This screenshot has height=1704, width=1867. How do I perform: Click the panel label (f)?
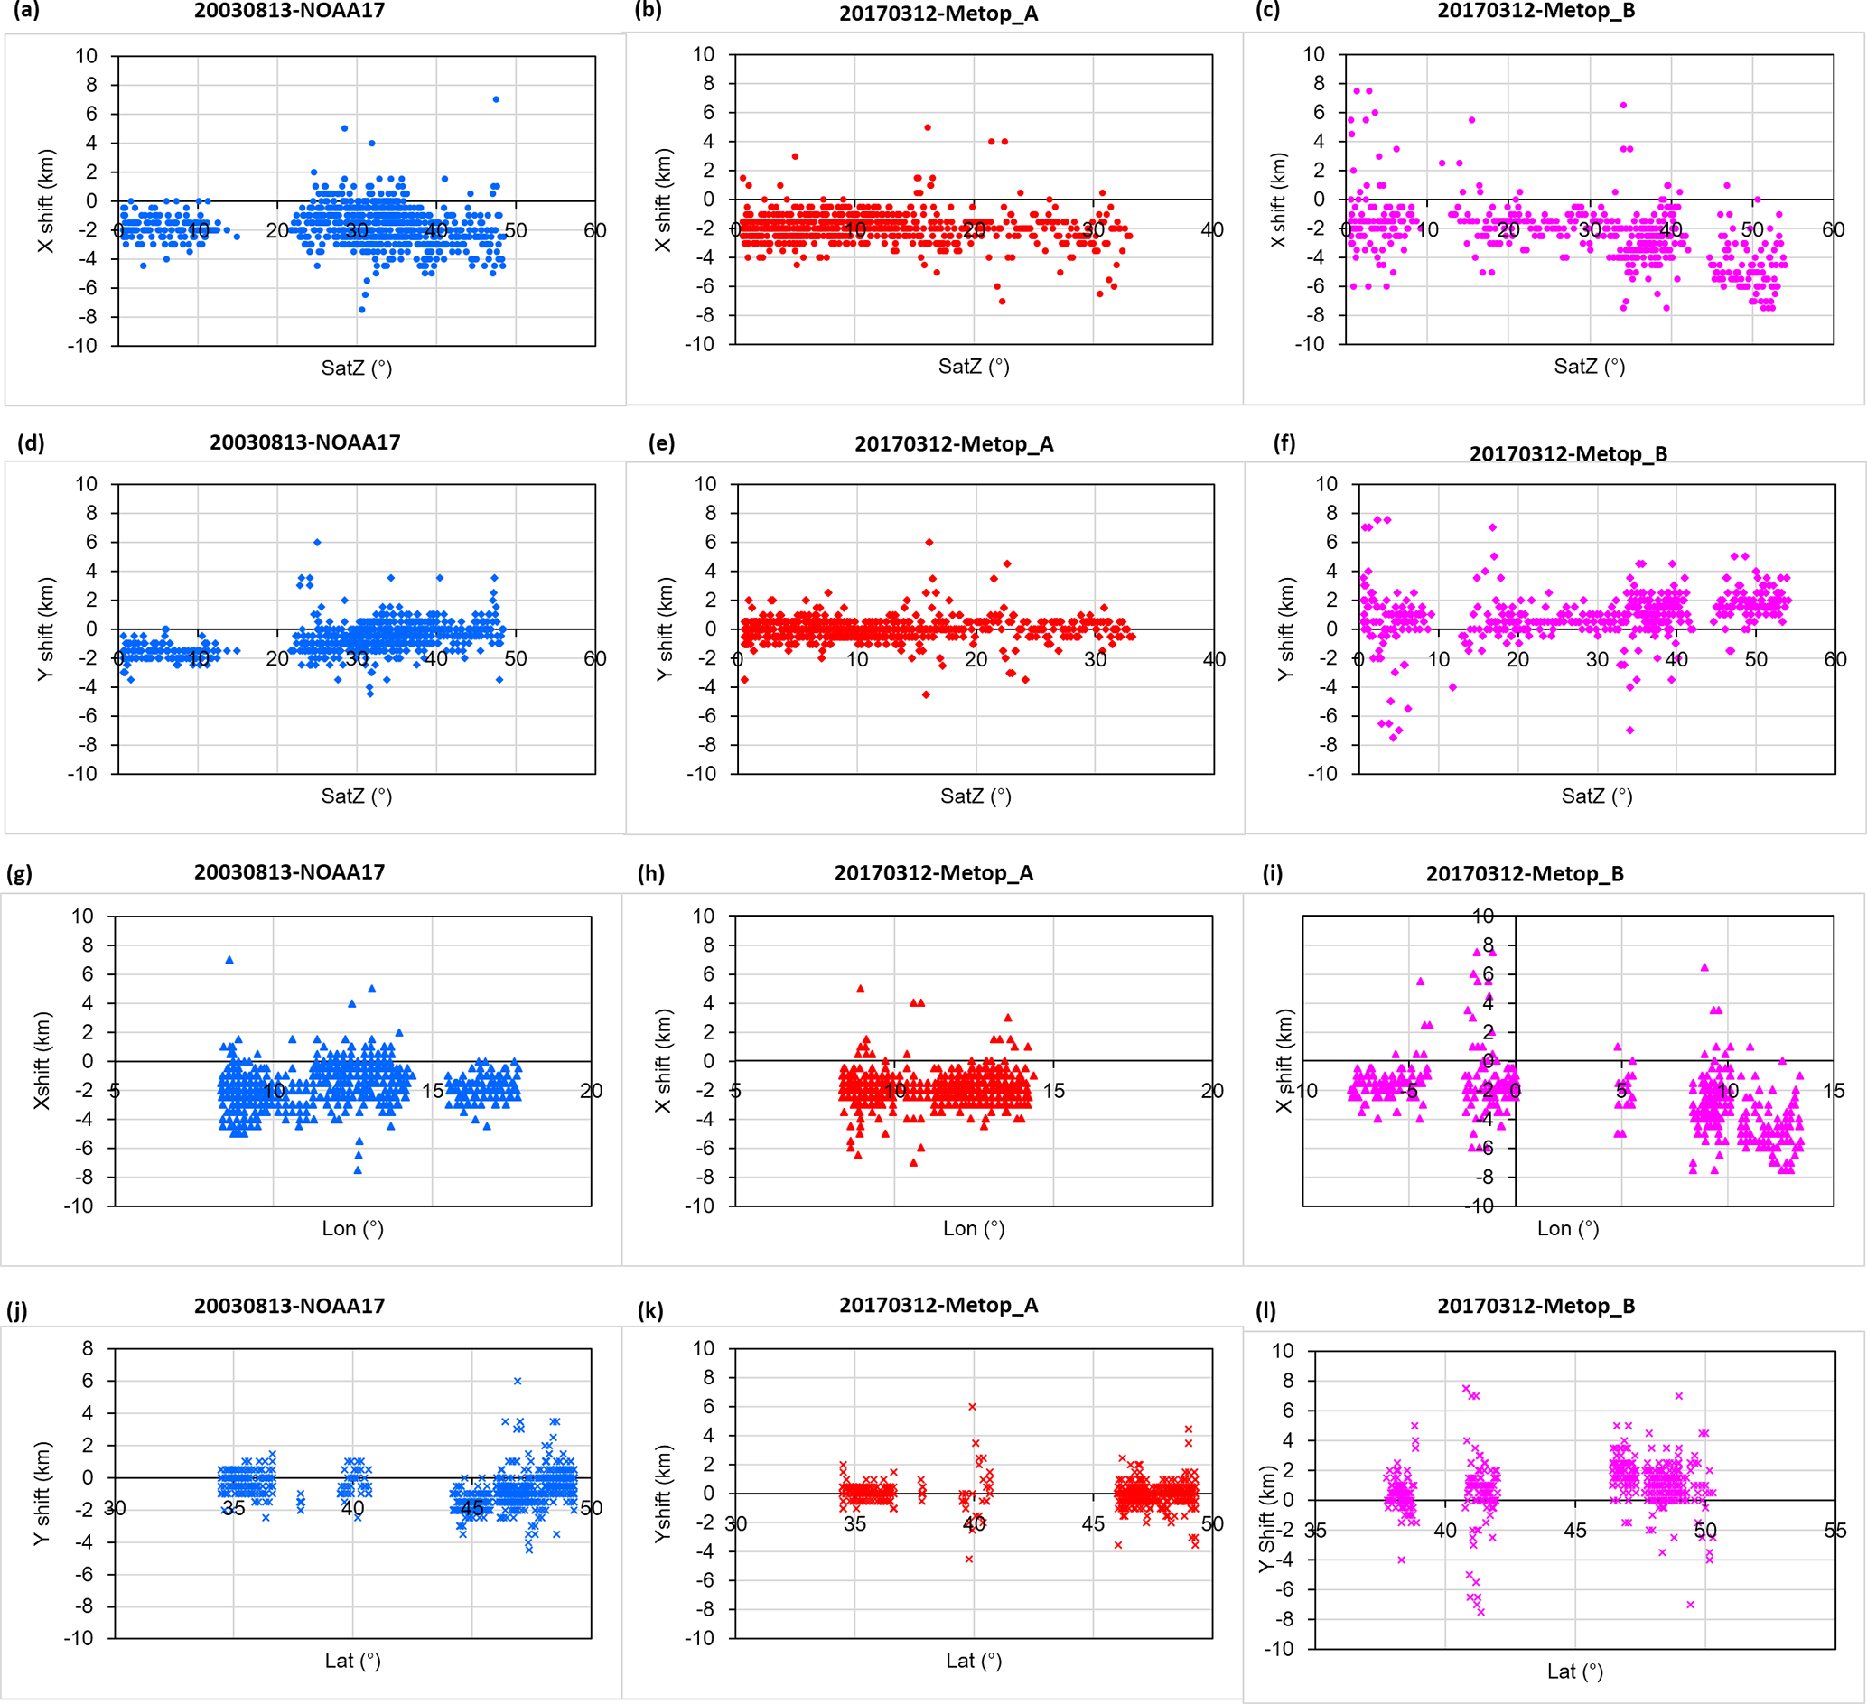coord(1284,442)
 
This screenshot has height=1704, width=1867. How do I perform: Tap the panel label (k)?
coord(651,1310)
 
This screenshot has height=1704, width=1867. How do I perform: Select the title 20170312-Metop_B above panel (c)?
coord(1536,11)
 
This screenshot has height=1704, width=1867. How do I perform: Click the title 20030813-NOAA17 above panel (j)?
coord(289,1306)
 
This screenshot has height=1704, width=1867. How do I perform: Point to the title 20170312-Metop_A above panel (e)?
coord(954,444)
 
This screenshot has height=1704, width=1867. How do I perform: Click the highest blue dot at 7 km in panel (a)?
coord(497,99)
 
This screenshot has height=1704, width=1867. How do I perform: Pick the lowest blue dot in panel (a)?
coord(362,310)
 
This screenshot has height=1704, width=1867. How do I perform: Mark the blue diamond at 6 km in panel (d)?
coord(317,542)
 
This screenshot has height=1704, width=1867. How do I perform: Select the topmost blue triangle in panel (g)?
coord(229,959)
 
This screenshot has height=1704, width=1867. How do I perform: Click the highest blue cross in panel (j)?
coord(518,1381)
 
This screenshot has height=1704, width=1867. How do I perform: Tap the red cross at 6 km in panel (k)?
coord(973,1407)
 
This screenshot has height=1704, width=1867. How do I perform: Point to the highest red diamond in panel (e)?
coord(929,542)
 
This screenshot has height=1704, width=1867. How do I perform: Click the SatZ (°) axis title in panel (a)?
coord(357,368)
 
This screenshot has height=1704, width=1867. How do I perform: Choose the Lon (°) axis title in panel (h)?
coord(974,1228)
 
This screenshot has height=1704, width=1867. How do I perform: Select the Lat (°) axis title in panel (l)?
coord(1574,1671)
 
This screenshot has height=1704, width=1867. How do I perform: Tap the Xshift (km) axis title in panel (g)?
coord(42,1060)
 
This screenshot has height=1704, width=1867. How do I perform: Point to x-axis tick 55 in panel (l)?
coord(1834,1531)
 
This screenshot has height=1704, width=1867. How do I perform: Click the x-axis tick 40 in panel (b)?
coord(1211,229)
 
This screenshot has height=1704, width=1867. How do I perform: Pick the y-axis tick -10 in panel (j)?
coord(81,1638)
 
